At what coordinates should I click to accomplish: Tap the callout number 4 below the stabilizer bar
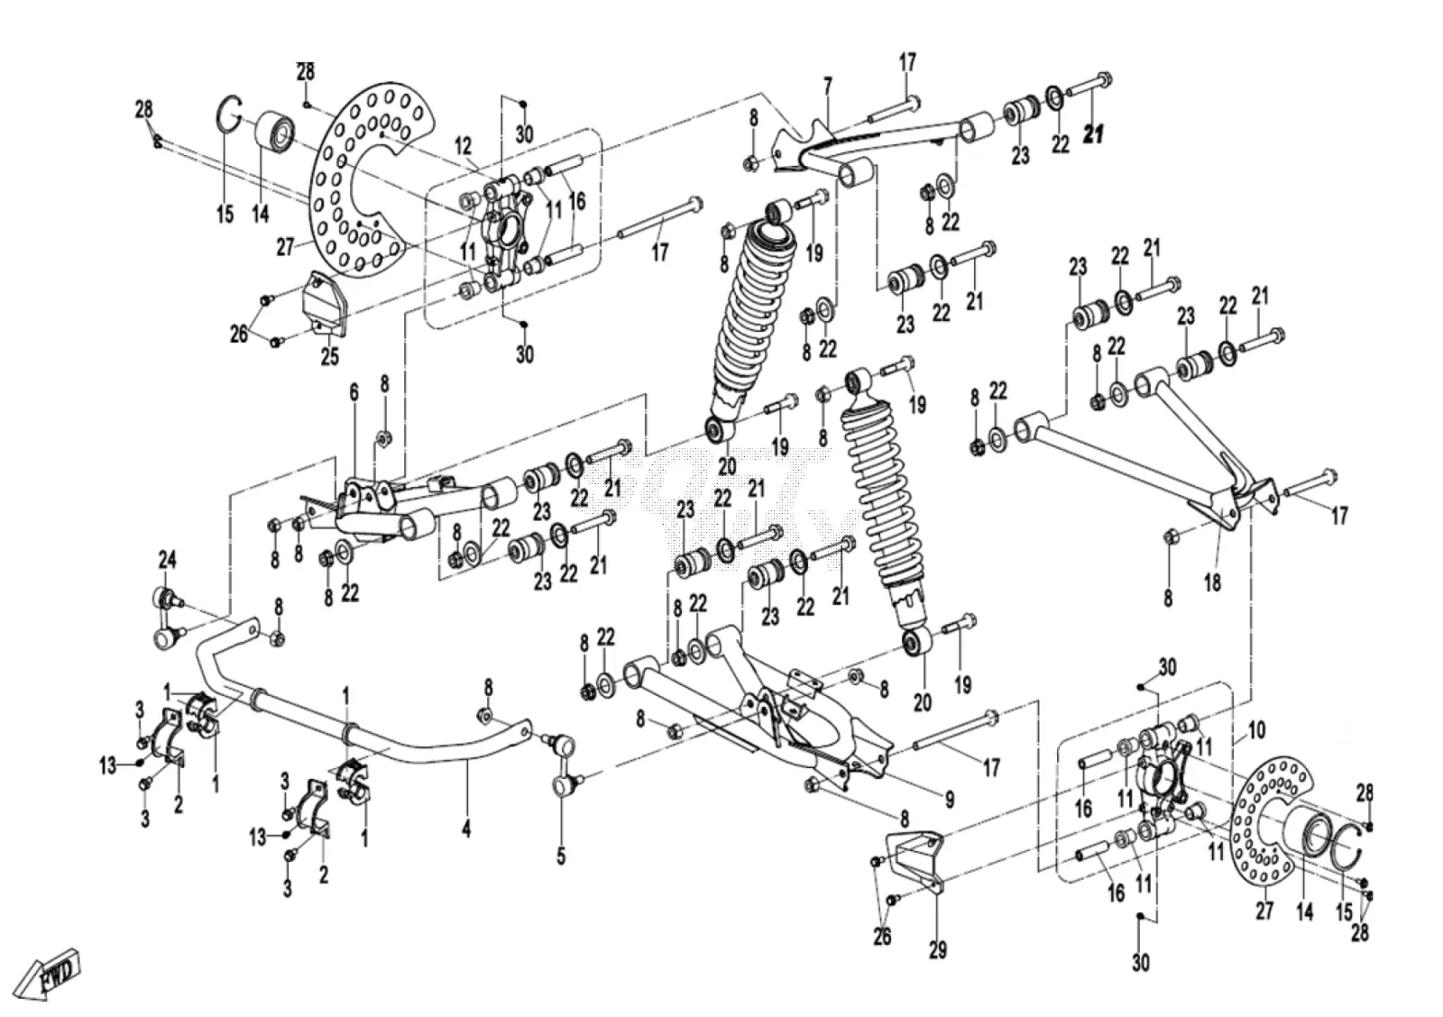click(465, 828)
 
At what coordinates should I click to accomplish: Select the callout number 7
click(828, 87)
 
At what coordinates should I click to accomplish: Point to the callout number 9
click(950, 800)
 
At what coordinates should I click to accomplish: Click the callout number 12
click(464, 146)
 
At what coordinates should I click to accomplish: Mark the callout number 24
click(167, 560)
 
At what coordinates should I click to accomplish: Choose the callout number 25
click(330, 356)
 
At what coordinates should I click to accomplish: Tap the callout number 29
click(937, 950)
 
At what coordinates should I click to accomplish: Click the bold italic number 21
click(1093, 134)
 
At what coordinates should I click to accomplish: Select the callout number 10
click(1256, 729)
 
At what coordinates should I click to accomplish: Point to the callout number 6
click(354, 393)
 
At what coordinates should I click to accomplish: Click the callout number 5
click(560, 856)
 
